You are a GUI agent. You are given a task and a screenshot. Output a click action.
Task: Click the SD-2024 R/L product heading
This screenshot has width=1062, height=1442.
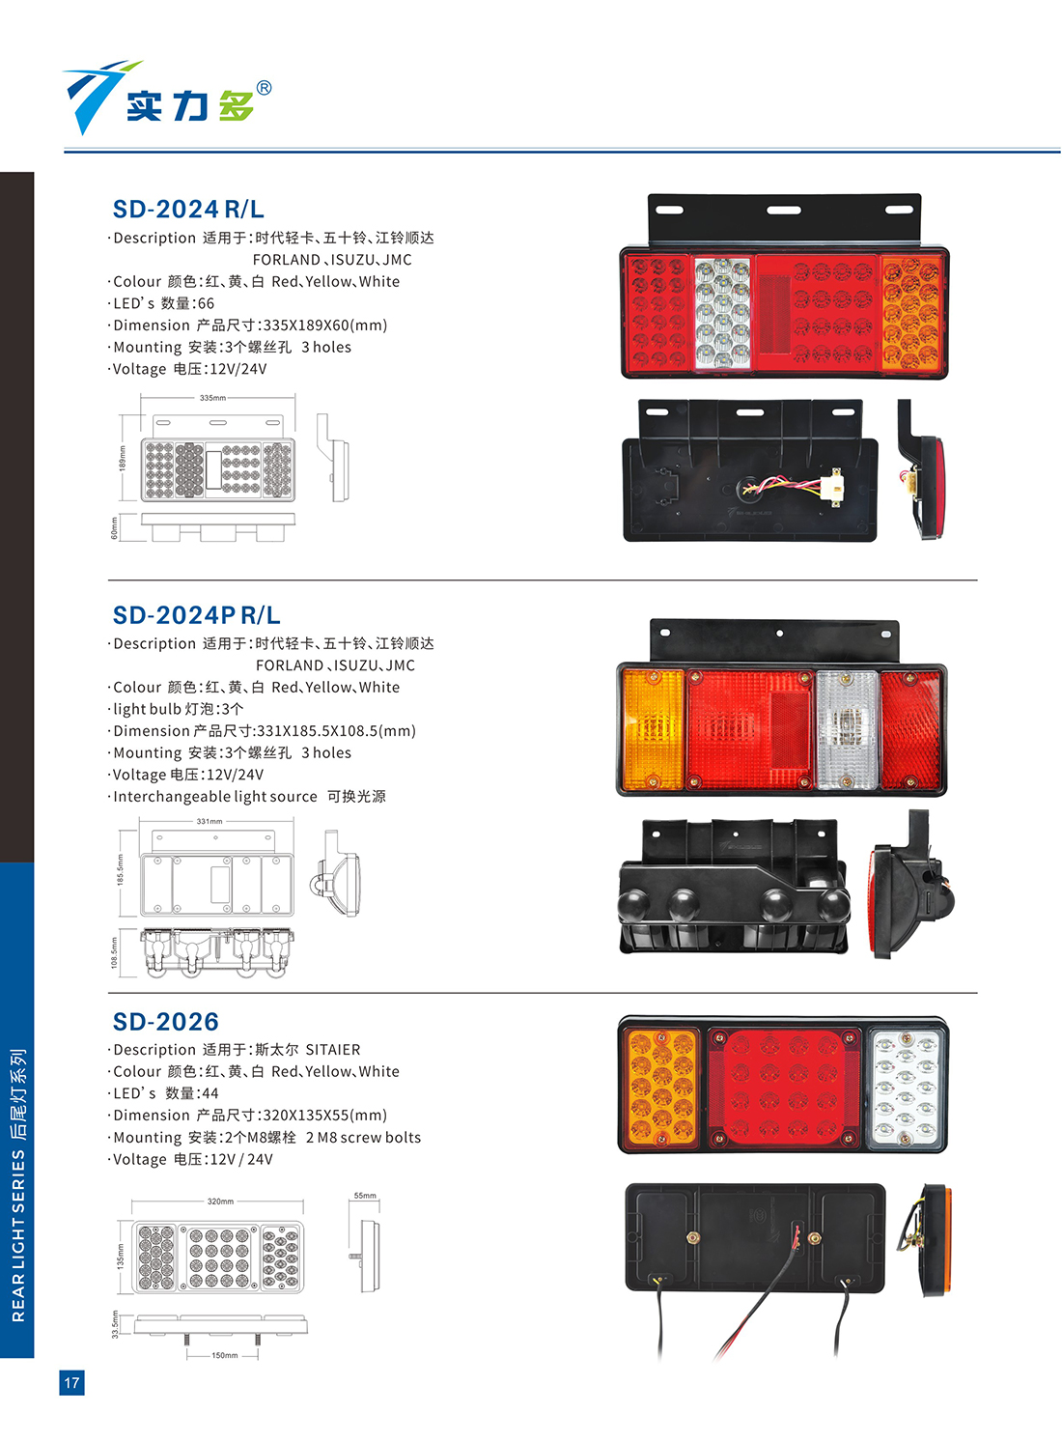188,210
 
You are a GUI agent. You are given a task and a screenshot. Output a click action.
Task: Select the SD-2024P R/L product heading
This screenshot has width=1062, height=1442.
196,615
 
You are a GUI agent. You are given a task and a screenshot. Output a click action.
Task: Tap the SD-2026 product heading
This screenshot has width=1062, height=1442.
165,1021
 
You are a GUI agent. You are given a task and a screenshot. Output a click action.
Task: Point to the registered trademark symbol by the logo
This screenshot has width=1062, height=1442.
264,88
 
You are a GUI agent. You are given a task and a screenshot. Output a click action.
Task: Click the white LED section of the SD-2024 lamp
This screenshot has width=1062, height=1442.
723,314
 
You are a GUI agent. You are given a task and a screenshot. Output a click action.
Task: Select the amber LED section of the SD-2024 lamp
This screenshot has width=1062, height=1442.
910,314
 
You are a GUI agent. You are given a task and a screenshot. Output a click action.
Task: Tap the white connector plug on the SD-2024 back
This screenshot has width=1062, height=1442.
836,488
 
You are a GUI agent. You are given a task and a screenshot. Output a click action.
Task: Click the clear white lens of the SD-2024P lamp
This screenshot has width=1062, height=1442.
847,729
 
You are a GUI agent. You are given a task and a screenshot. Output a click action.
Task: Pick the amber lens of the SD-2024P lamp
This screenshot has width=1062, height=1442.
653,729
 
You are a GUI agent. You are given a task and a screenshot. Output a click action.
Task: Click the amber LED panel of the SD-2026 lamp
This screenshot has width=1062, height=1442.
661,1088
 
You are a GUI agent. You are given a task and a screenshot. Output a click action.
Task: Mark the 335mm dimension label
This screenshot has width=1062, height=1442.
212,398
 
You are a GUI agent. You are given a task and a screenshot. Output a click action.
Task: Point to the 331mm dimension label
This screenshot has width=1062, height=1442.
210,821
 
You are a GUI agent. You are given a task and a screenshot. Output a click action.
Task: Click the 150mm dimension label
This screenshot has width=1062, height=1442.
224,1356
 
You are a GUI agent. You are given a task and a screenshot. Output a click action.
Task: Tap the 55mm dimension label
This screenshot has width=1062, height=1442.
365,1196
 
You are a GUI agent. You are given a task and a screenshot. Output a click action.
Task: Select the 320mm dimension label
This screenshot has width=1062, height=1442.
220,1202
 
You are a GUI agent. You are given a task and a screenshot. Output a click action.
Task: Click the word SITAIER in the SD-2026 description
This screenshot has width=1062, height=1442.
333,1050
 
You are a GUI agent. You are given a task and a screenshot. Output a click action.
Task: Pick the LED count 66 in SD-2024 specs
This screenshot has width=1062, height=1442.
206,303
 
